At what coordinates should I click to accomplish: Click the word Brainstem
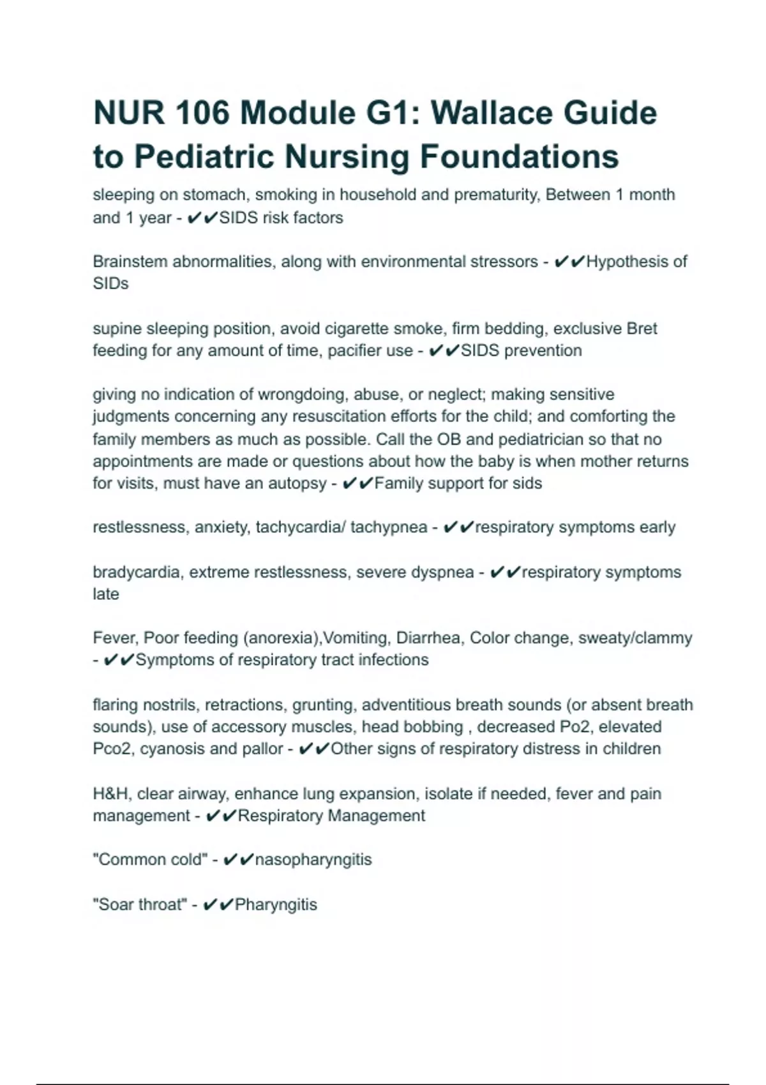click(x=130, y=262)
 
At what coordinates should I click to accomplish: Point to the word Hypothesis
click(x=636, y=262)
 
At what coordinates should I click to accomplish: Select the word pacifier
click(x=354, y=350)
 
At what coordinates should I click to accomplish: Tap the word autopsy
click(x=297, y=483)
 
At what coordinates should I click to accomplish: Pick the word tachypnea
click(x=389, y=527)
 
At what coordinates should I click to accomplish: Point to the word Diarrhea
click(x=430, y=638)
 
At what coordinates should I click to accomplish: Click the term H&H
click(x=111, y=794)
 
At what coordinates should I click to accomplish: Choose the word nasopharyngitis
click(x=313, y=860)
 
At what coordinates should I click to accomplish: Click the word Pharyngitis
click(x=276, y=904)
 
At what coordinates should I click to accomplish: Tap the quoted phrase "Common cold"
click(x=151, y=860)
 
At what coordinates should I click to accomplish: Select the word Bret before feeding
click(x=642, y=329)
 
